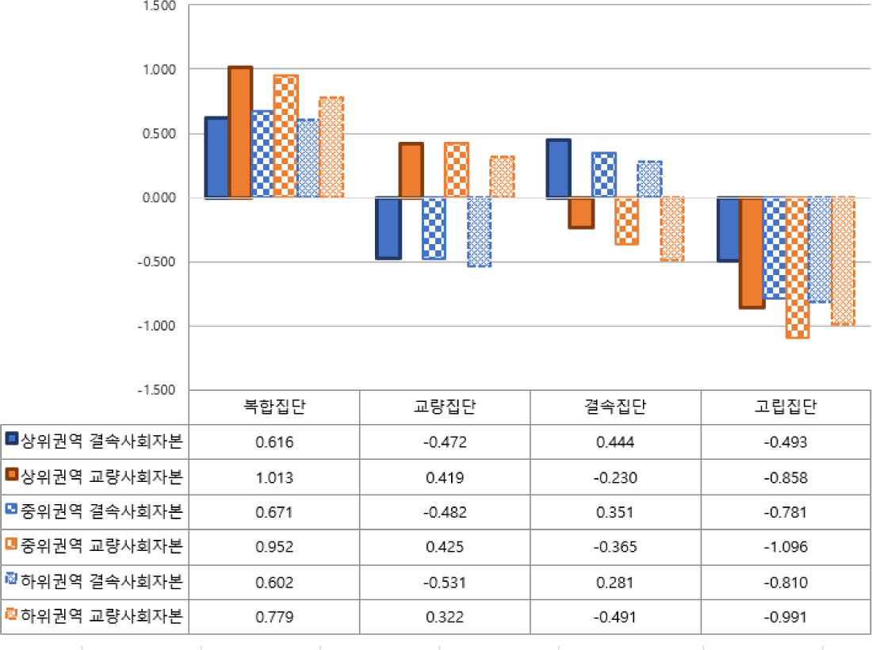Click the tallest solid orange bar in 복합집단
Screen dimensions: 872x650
[240, 132]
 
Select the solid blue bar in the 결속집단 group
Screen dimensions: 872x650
[559, 169]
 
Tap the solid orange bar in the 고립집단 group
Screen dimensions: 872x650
[752, 252]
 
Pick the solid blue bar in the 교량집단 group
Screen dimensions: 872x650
[388, 228]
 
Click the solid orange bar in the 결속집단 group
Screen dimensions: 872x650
[581, 212]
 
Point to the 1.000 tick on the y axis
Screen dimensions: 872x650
[159, 70]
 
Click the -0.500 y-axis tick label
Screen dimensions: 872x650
[157, 262]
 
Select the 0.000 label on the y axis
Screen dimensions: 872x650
[159, 198]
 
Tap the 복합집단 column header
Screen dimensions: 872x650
[274, 407]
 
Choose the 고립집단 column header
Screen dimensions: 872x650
[786, 407]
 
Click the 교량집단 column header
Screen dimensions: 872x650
[445, 407]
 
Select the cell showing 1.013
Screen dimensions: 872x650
[274, 478]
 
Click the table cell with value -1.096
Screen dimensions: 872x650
[786, 547]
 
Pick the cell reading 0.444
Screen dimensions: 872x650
[615, 442]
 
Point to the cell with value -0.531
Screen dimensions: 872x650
[445, 583]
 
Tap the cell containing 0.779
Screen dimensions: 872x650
[274, 617]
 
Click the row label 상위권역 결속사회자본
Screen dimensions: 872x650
[101, 442]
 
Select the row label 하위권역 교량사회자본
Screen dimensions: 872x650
[101, 616]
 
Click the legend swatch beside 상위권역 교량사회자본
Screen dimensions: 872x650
[12, 474]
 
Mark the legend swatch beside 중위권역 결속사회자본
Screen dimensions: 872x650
[12, 508]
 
